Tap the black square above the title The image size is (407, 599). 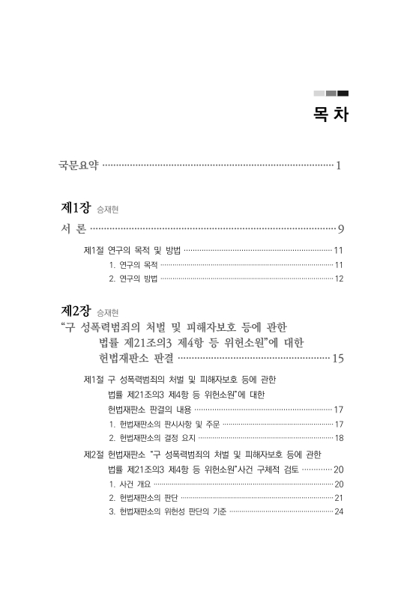coord(343,93)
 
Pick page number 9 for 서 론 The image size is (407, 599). coord(340,229)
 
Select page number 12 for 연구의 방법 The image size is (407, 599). coord(339,279)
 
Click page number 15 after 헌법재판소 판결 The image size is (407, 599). coord(337,359)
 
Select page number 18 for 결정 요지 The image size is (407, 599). coord(339,437)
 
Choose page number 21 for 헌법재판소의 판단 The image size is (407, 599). coord(339,498)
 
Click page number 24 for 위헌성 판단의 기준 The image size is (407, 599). coord(339,512)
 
